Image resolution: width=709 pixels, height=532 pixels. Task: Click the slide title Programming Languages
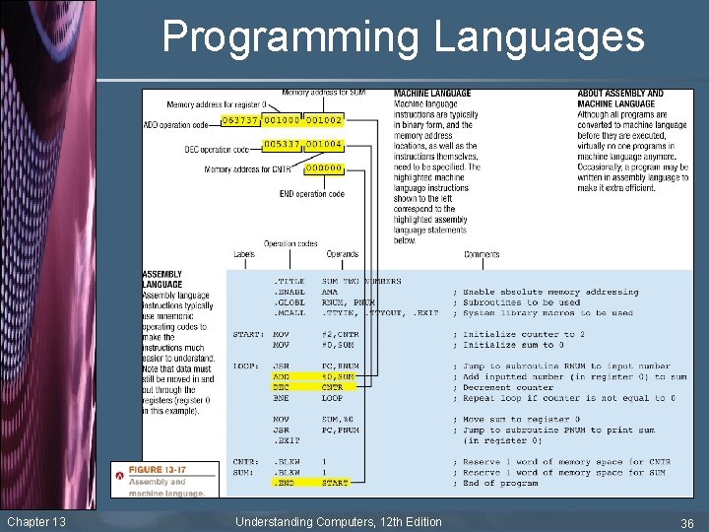coord(403,37)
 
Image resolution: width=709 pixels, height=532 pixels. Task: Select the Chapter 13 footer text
coord(35,521)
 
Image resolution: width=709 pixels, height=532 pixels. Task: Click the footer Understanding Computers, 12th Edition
coord(338,521)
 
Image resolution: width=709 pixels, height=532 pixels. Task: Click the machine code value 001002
coord(324,119)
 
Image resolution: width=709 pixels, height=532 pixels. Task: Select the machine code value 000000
coord(324,168)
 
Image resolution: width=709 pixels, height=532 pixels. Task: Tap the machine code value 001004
coord(324,144)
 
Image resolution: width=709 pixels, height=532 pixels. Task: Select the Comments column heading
coord(482,254)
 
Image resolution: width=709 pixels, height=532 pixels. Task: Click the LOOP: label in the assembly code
coord(246,366)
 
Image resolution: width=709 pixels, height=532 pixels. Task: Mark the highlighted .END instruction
coord(284,484)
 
